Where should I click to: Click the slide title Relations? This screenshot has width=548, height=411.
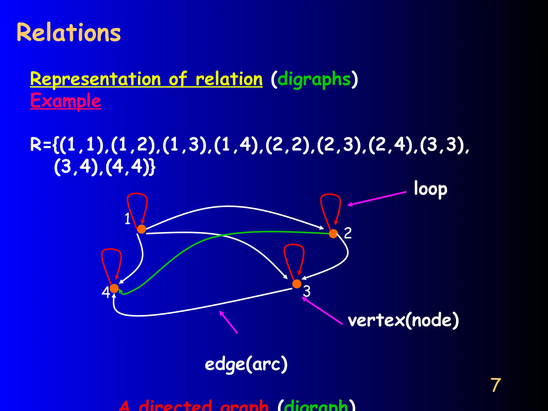coord(68,32)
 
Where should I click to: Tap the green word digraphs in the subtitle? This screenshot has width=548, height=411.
coord(314,79)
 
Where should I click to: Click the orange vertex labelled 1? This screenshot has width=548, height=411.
coord(141,229)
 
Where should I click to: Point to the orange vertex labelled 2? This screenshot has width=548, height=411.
coord(333,234)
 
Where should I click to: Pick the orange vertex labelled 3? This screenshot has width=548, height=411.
coord(296,284)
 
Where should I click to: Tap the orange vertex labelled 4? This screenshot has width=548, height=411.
coord(114,288)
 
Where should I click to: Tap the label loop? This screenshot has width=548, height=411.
coord(430,189)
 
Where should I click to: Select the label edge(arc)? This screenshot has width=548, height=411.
coord(246,364)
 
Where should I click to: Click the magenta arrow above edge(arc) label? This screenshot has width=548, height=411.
coord(228,322)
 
